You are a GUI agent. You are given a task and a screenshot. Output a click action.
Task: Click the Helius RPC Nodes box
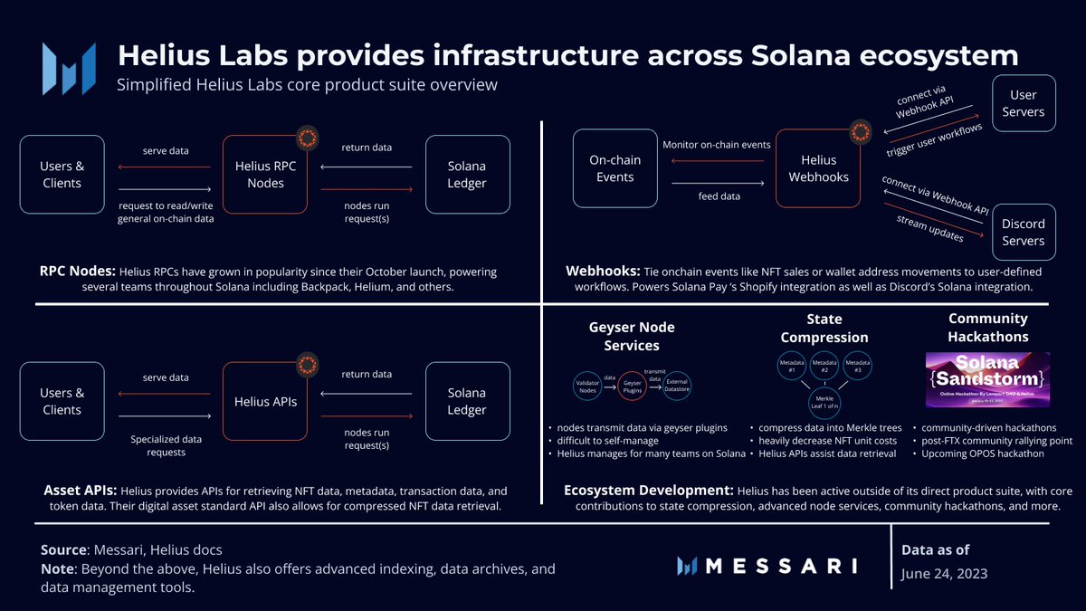point(265,175)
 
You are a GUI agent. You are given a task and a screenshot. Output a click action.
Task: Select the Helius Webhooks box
point(818,168)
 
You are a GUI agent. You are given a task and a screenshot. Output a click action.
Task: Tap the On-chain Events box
point(614,168)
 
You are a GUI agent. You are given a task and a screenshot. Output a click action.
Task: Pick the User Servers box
point(1024,103)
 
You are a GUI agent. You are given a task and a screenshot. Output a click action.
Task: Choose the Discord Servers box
point(1024,232)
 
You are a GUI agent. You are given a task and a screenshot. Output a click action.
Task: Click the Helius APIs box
point(265,401)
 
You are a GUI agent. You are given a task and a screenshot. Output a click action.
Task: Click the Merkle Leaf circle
point(824,402)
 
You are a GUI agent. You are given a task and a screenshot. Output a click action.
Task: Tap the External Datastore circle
point(677,384)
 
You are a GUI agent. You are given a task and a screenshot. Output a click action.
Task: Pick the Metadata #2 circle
point(824,366)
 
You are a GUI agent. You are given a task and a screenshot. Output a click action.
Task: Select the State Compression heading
point(824,328)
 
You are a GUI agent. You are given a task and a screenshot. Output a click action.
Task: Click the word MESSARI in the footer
point(779,567)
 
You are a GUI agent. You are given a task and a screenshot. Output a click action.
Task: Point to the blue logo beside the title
point(69,66)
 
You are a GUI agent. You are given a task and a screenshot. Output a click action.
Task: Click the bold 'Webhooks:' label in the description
point(601,272)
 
